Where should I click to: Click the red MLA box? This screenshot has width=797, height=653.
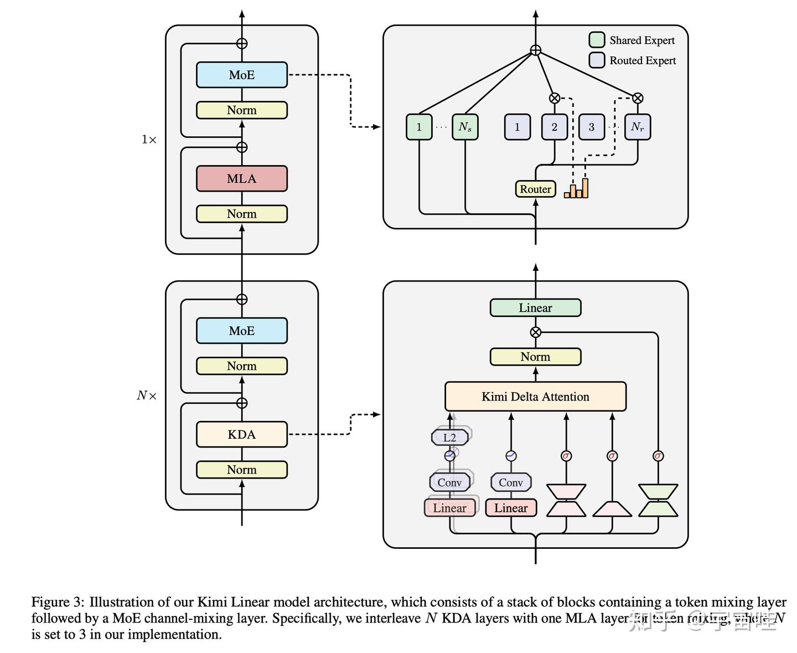point(242,178)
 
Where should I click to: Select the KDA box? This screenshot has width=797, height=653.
point(242,434)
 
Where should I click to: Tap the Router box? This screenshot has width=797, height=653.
point(535,189)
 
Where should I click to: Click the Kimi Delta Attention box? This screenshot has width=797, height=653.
point(535,397)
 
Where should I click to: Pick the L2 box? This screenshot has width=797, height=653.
point(450,438)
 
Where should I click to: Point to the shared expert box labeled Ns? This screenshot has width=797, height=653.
point(465,127)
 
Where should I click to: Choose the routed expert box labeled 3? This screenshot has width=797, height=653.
point(591,127)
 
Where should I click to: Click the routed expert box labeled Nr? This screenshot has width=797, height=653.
point(638,127)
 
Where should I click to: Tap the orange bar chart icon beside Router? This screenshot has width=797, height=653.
point(576,188)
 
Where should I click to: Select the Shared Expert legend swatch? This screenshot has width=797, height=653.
point(597,40)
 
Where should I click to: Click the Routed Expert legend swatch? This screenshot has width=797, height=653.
point(597,60)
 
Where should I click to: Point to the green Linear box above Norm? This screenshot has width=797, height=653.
point(535,308)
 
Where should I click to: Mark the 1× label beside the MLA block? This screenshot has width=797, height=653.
point(149,140)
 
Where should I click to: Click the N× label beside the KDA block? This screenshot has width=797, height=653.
point(147,395)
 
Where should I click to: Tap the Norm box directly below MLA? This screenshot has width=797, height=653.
point(242,214)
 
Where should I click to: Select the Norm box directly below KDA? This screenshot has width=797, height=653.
point(242,470)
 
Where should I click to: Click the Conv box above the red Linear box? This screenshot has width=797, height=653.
point(511,482)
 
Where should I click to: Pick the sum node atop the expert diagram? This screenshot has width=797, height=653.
point(535,50)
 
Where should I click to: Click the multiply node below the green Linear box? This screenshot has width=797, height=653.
point(535,332)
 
